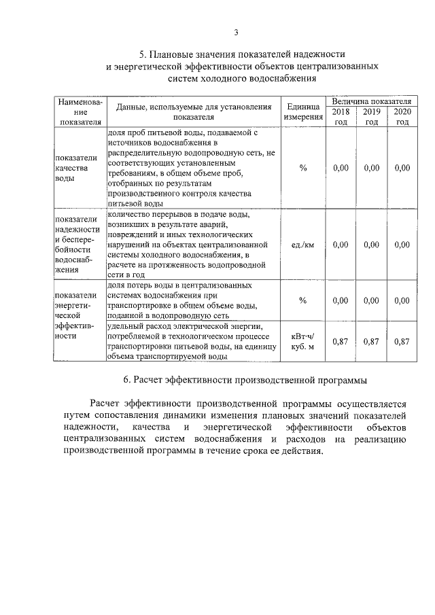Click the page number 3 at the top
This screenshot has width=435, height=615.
235,31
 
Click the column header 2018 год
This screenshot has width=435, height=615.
341,116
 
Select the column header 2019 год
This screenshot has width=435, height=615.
371,116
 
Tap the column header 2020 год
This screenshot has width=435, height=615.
402,116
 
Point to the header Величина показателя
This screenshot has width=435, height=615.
371,101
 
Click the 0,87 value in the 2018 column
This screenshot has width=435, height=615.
341,342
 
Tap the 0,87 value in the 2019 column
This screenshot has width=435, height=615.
371,342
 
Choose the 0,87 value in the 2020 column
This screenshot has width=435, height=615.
402,342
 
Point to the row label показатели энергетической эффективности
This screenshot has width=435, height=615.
79,315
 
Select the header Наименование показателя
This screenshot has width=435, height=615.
80,111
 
